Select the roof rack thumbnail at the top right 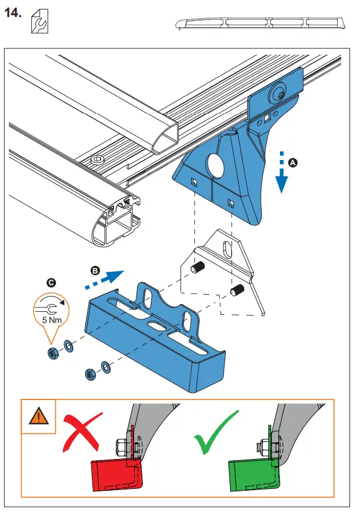tap(259, 24)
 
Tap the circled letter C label tap(51, 282)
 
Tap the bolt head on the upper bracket tap(276, 93)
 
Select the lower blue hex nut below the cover tap(91, 373)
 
